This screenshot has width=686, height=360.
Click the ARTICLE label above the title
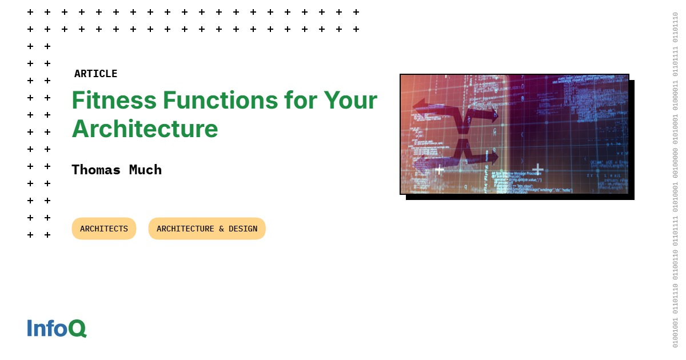pyautogui.click(x=95, y=74)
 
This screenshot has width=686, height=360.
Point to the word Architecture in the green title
pyautogui.click(x=145, y=129)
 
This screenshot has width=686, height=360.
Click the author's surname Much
pyautogui.click(x=146, y=170)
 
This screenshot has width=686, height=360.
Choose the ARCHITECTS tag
pyautogui.click(x=104, y=229)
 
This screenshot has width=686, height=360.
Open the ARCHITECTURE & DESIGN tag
pyautogui.click(x=207, y=229)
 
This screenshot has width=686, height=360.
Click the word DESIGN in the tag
pyautogui.click(x=243, y=229)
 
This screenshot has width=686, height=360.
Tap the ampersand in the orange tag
pyautogui.click(x=221, y=229)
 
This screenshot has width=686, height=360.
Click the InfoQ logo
pyautogui.click(x=57, y=328)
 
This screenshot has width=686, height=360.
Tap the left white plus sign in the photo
pyautogui.click(x=439, y=169)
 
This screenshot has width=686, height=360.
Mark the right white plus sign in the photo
pyautogui.click(x=538, y=169)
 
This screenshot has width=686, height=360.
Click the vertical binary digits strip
pyautogui.click(x=675, y=180)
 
